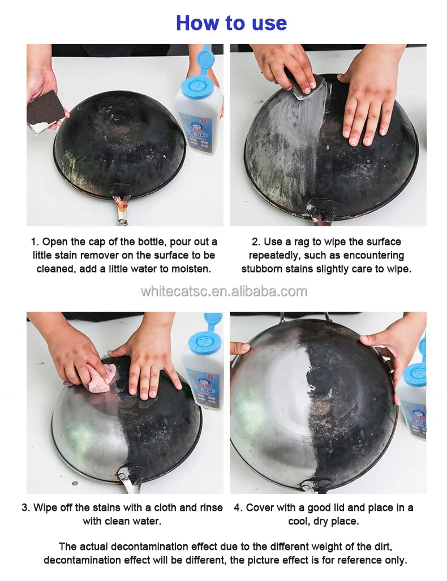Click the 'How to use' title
(x=231, y=23)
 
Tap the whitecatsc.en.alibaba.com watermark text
(x=224, y=291)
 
